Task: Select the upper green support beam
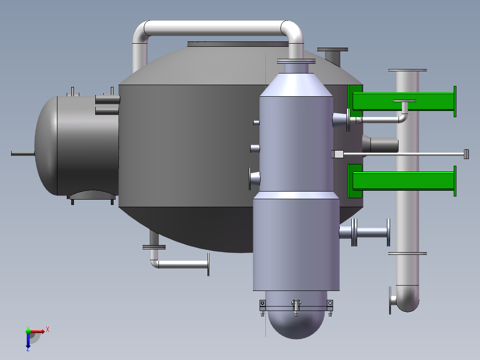(403, 102)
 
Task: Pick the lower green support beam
(403, 181)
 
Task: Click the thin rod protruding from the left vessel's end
(23, 153)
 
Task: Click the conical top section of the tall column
(296, 85)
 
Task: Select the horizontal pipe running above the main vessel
(216, 28)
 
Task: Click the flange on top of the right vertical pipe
(407, 70)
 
